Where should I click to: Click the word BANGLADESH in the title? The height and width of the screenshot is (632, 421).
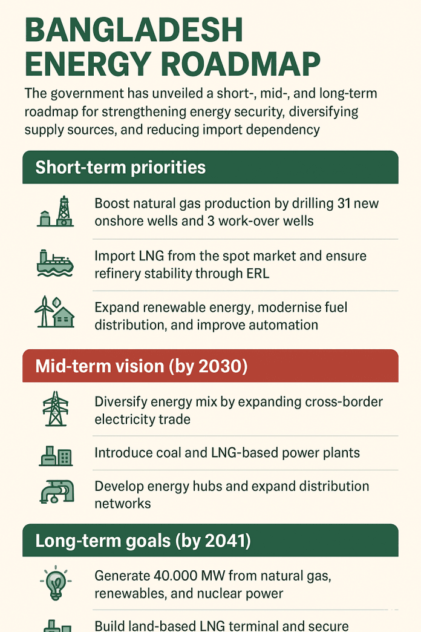(x=134, y=30)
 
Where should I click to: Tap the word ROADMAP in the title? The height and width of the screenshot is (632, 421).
(x=241, y=64)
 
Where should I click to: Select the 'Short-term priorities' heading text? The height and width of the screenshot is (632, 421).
(x=120, y=167)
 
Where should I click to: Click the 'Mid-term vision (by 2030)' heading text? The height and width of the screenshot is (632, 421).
(x=142, y=366)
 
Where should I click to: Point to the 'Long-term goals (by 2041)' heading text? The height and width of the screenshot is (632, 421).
(x=143, y=541)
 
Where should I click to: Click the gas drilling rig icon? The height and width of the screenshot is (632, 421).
(x=56, y=212)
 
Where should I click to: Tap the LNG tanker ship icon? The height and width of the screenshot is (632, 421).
(x=55, y=263)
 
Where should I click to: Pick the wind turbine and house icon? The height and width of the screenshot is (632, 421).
(x=54, y=312)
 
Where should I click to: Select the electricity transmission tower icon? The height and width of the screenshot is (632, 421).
(x=56, y=409)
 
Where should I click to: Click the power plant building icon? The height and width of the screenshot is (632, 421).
(x=56, y=456)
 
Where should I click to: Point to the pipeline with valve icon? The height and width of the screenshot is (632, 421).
(x=57, y=492)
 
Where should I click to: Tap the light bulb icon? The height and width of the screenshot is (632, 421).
(x=56, y=583)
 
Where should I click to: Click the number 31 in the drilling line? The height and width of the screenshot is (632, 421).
(x=344, y=203)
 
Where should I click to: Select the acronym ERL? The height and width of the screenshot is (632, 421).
(x=258, y=274)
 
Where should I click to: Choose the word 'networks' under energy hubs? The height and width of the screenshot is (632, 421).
(x=123, y=504)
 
